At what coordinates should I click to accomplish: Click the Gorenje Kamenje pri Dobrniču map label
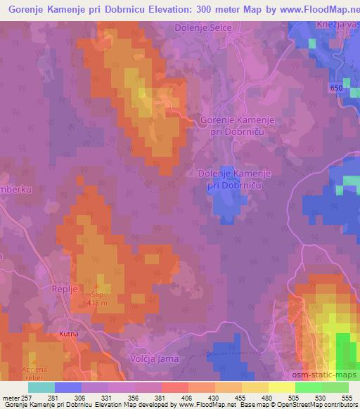pos(237,126)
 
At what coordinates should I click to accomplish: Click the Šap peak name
pos(96,295)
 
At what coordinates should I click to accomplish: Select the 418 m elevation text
pos(98,303)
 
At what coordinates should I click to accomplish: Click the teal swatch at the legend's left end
pos(41,387)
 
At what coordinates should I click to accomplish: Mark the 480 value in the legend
pos(267,398)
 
